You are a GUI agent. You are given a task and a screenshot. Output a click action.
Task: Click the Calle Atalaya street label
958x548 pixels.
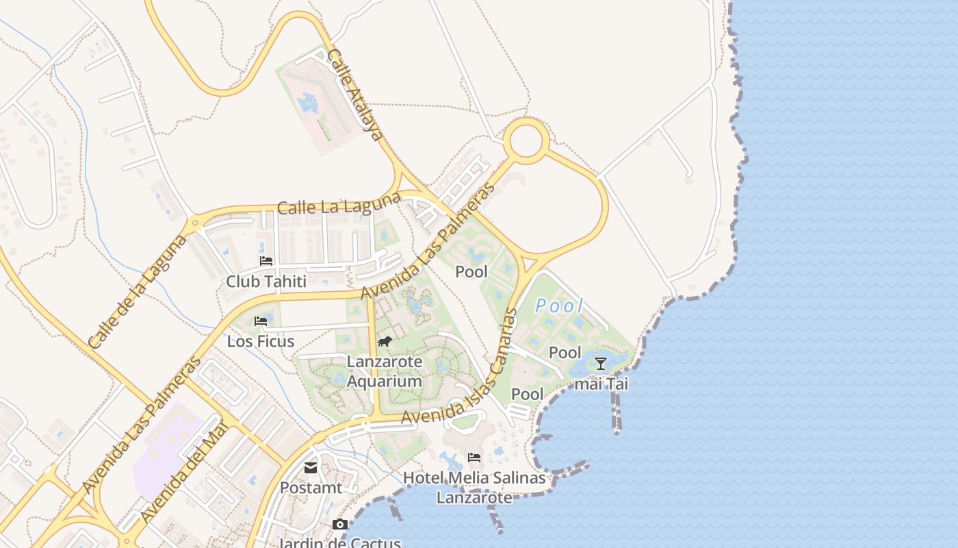coord(354,95)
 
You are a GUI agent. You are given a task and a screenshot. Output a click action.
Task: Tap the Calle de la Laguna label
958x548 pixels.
coord(138,292)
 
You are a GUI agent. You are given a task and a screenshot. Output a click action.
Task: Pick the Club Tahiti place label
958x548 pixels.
coord(266,281)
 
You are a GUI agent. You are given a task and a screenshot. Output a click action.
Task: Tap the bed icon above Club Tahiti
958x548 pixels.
coord(266,261)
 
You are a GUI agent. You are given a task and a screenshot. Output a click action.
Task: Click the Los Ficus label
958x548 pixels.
coord(261,341)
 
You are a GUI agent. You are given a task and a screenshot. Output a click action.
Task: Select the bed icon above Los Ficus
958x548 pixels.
coord(261,321)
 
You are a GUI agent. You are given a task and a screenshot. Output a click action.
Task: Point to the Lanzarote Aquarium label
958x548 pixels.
coord(384,371)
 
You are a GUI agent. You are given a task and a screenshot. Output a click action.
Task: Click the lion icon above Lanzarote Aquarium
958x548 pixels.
coord(384,341)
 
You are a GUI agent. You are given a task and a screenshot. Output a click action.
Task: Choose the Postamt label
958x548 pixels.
coord(311,488)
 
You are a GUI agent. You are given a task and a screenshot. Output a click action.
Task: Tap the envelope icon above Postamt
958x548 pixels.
coord(311,468)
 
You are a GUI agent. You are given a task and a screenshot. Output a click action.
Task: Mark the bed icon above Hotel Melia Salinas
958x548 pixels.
coord(474,457)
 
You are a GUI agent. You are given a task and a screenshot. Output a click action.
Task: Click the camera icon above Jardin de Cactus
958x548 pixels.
coord(339,525)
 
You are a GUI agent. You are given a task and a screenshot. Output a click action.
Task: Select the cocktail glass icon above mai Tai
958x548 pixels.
coord(601,364)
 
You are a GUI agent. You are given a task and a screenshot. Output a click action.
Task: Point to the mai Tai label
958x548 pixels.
coord(601,384)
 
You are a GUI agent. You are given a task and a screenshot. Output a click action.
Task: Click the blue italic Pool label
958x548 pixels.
coord(559,306)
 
